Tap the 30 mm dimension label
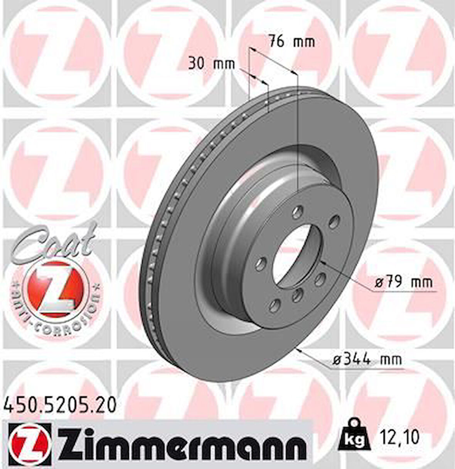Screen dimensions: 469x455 click(211, 63)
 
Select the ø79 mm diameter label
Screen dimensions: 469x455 click(404, 283)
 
